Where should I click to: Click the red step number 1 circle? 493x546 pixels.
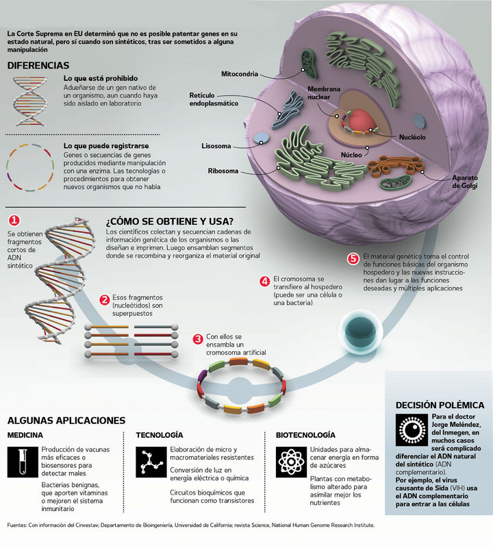[14, 221]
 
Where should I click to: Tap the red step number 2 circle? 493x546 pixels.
[105, 299]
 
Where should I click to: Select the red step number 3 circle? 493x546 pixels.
[198, 338]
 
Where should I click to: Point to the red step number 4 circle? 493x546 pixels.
[264, 281]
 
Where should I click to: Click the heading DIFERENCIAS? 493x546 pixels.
[38, 66]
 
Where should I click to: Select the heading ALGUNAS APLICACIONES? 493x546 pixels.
[66, 420]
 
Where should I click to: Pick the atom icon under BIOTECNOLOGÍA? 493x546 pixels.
[288, 461]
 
